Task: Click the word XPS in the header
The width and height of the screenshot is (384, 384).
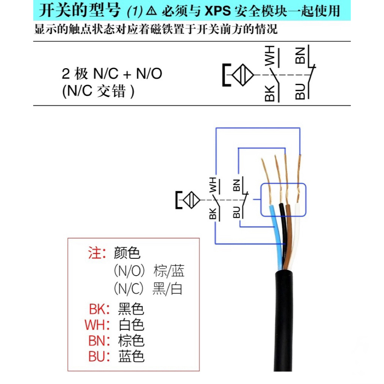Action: click(x=217, y=11)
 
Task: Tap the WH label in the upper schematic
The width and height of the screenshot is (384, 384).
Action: click(x=270, y=56)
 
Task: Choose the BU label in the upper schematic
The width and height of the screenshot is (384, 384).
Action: click(x=300, y=91)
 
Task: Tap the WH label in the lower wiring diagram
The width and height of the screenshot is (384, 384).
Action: click(x=213, y=184)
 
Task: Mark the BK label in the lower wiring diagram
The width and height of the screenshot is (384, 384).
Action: click(x=213, y=213)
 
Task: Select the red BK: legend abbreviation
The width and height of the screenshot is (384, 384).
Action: click(x=99, y=309)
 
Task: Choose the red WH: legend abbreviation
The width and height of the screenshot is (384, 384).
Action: click(x=98, y=325)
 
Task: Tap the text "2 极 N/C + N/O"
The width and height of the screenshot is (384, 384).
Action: click(x=112, y=74)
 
